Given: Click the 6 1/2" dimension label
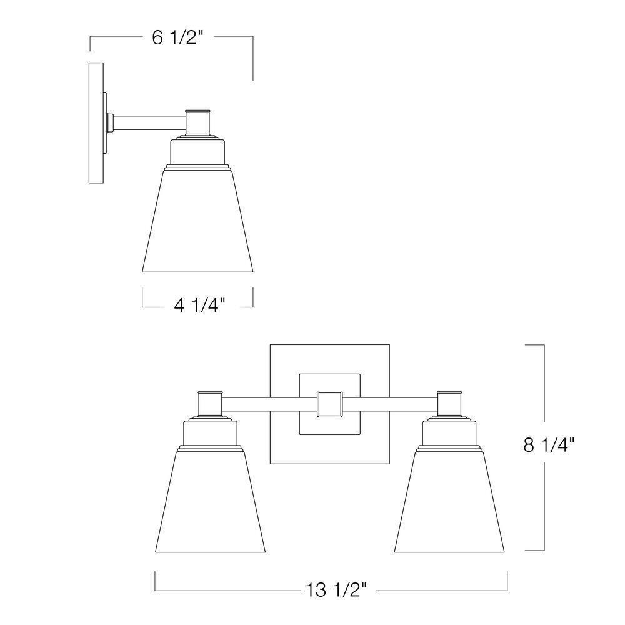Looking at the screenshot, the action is click(x=177, y=38).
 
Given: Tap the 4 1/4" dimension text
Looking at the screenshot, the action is click(x=200, y=306).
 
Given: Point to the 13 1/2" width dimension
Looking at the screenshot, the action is click(x=336, y=590).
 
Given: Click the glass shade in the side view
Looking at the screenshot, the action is click(x=197, y=221).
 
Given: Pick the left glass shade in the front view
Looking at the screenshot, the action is click(x=210, y=501).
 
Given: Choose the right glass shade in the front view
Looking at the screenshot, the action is click(x=449, y=501).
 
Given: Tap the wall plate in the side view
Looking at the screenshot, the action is click(x=96, y=122).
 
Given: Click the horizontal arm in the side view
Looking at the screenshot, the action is click(x=150, y=122).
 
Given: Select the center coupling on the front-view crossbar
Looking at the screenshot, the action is click(x=329, y=404).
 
